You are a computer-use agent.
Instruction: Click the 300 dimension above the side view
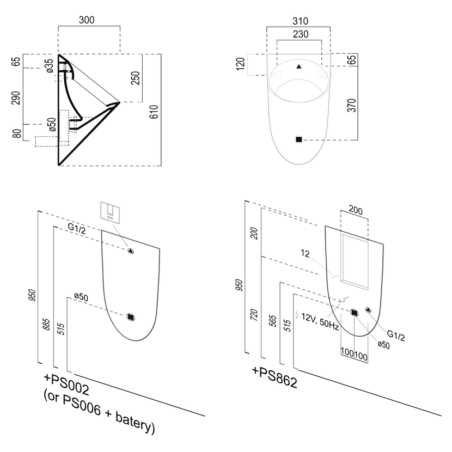tap(86, 20)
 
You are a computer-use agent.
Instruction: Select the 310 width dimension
tap(300, 21)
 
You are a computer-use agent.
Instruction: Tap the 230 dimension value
tap(300, 34)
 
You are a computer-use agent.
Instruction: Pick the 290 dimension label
tap(16, 97)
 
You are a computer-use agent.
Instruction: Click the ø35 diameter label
tap(50, 66)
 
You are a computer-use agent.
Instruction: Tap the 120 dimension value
tap(239, 65)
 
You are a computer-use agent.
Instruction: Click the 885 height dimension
tap(47, 325)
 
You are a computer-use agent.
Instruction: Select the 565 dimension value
tap(273, 321)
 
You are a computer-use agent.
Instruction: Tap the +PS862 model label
tap(274, 376)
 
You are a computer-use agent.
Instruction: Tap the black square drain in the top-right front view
tap(298, 139)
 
